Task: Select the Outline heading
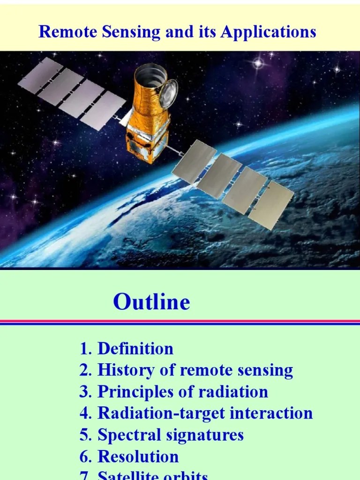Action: [x=151, y=302]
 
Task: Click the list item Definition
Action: [x=135, y=349]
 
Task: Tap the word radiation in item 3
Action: [x=235, y=392]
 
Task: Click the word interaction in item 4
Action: [x=277, y=413]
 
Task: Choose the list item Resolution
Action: [x=138, y=457]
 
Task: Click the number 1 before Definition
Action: [x=84, y=349]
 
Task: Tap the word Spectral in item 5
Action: [x=127, y=435]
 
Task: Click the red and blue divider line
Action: [x=180, y=322]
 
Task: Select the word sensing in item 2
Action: [x=263, y=371]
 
